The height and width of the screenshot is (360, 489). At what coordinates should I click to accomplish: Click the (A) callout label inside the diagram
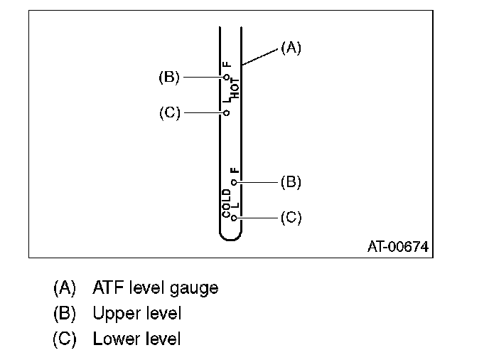[x=291, y=48]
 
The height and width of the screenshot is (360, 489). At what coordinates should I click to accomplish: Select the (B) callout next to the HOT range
[x=169, y=77]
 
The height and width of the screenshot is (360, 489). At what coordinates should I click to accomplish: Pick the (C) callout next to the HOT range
[x=169, y=112]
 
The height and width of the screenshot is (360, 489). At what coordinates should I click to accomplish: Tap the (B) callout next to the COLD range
[x=291, y=183]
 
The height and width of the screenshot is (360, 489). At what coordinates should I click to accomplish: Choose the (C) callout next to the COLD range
[x=291, y=218]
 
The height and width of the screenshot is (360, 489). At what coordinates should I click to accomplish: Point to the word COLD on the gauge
[x=227, y=203]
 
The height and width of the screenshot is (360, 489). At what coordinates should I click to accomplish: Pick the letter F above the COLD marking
[x=235, y=171]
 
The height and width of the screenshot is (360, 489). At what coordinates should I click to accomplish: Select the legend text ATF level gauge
[x=155, y=288]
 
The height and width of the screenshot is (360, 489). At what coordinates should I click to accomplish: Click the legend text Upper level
[x=136, y=313]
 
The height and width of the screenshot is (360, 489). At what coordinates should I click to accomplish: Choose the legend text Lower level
[x=136, y=339]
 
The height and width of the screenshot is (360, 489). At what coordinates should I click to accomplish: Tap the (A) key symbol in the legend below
[x=64, y=288]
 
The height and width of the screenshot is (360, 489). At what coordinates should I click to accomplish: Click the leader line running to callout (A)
[x=259, y=58]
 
